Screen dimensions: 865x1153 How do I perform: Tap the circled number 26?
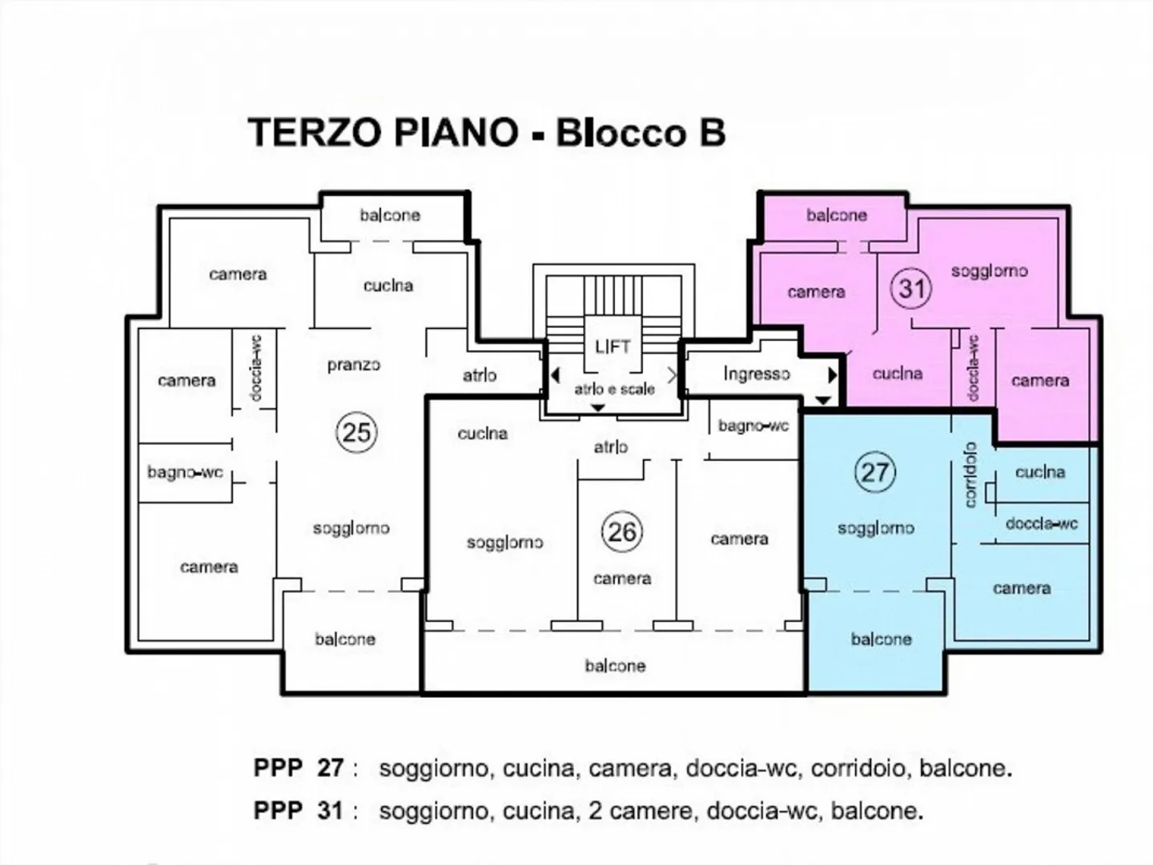point(621,532)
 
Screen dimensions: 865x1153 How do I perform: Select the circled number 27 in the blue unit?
point(874,472)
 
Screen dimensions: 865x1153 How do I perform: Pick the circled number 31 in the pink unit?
point(911,287)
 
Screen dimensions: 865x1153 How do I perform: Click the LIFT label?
point(613,346)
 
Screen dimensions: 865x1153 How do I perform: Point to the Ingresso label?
point(756,374)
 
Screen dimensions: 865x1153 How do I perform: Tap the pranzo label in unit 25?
point(353,365)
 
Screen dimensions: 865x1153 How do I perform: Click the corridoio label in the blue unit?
point(970,475)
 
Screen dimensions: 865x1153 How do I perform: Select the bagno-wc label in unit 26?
point(753,426)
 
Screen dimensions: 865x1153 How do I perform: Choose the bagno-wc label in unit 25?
point(185,472)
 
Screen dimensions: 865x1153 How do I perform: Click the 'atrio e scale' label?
point(614,390)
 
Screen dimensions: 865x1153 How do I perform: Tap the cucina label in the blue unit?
point(1039,472)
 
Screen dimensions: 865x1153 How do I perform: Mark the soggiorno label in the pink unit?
point(989,271)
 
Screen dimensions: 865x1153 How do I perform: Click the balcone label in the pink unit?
point(836,215)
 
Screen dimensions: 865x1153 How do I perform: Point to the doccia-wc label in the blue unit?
point(1041,523)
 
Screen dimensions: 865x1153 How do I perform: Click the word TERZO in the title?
point(313,133)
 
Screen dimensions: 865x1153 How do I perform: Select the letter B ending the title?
point(710,133)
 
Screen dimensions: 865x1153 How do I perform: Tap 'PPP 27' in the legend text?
point(299,768)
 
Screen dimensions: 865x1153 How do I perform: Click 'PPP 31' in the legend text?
point(299,811)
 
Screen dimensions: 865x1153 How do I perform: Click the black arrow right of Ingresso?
point(832,374)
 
